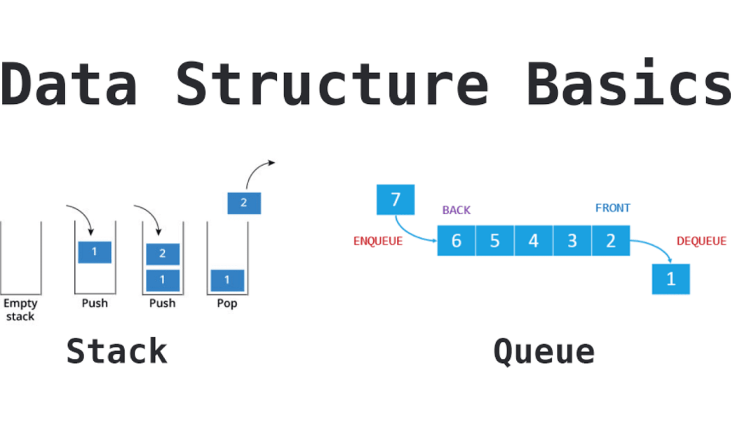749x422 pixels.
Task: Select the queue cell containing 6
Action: (457, 241)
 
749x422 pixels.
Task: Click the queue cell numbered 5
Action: (495, 241)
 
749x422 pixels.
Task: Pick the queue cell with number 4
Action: (534, 241)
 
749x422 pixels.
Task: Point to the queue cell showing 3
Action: (572, 241)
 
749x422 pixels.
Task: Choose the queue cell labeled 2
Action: (611, 241)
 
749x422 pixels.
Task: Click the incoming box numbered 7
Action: (396, 199)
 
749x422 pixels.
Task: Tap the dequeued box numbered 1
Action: (671, 279)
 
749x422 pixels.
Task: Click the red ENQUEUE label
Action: (378, 242)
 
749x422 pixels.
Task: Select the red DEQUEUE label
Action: (701, 242)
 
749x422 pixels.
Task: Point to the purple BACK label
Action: (457, 210)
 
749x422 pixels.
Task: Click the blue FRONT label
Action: (613, 208)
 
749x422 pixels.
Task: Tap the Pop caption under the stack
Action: (227, 303)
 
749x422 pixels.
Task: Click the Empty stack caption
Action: (20, 310)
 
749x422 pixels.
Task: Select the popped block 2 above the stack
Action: (244, 203)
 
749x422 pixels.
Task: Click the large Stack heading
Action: (117, 351)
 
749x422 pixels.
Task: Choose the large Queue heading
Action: (544, 351)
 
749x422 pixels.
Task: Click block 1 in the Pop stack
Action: (227, 280)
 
